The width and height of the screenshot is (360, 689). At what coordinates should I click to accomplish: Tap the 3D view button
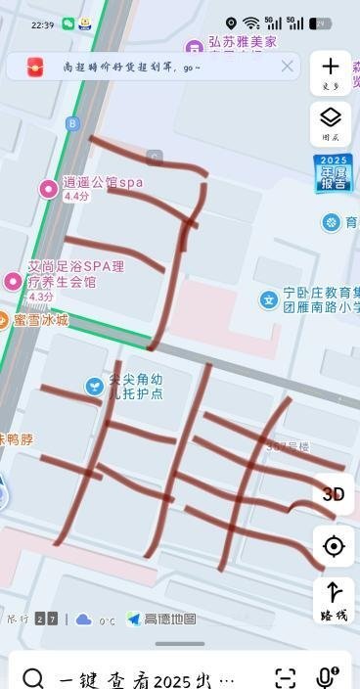click(x=334, y=494)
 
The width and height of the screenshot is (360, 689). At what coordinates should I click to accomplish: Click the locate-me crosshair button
click(x=334, y=546)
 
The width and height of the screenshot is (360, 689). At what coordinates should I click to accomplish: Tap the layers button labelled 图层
click(x=331, y=124)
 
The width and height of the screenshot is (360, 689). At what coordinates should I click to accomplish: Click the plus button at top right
click(x=331, y=71)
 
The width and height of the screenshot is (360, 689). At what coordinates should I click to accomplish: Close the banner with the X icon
click(x=287, y=67)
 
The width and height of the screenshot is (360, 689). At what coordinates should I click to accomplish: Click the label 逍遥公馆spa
click(x=103, y=182)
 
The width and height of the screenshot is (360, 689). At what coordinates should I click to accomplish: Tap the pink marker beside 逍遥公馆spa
click(x=47, y=188)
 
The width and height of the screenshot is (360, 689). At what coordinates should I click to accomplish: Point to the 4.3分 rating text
click(x=41, y=297)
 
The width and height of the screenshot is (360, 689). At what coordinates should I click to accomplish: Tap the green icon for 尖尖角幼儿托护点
click(x=94, y=387)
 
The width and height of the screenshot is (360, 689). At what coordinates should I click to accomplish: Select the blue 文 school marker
click(x=268, y=299)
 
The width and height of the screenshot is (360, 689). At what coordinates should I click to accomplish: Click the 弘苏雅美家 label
click(x=243, y=44)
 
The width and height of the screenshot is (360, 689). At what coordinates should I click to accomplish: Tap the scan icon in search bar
click(x=285, y=677)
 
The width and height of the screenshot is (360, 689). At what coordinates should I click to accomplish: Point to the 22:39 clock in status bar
click(x=42, y=23)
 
